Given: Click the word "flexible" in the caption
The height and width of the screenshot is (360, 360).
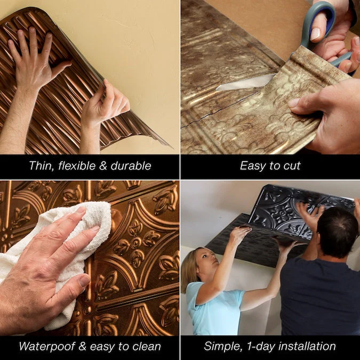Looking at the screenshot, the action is coord(77,166).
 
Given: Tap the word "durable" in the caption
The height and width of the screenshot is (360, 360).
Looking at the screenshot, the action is coord(131,166).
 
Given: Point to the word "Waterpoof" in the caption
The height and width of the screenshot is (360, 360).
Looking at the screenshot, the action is coord(47,346).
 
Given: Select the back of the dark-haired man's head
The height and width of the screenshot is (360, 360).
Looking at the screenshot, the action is coord(337,232).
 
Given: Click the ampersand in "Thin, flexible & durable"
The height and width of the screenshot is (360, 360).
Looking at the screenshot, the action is coord(103,166).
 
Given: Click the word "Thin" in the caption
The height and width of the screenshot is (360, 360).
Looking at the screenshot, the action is coord(42,166).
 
